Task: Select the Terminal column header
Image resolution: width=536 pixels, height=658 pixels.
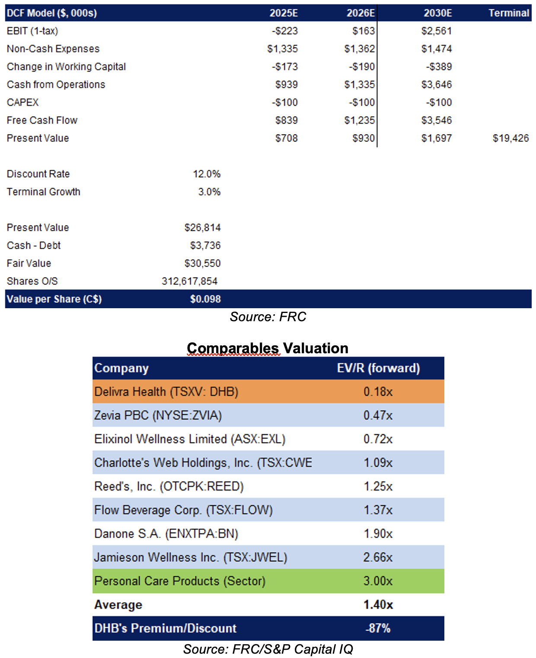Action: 508,13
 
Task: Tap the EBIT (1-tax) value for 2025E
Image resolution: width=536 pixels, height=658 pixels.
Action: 284,31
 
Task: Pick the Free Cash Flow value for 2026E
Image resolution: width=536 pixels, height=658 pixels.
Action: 359,120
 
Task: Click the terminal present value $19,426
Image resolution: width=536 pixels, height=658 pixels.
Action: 510,138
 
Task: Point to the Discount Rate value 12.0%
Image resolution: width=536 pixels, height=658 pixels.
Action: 206,174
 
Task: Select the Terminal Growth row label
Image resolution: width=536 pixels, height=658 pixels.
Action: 43,192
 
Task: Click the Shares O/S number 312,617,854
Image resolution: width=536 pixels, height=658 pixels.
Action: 189,281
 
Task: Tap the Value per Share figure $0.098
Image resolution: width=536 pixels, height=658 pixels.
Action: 205,299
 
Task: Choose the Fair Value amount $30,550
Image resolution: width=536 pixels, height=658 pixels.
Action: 202,263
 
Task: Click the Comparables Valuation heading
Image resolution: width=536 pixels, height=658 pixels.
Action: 268,348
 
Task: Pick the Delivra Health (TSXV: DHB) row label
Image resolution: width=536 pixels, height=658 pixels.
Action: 166,391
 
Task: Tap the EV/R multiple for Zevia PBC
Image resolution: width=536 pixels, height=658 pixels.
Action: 378,415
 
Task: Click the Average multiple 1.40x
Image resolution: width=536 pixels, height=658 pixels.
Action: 378,604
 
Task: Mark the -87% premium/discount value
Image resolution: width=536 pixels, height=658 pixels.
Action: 378,628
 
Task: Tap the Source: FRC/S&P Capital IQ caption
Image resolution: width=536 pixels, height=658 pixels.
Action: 268,649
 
